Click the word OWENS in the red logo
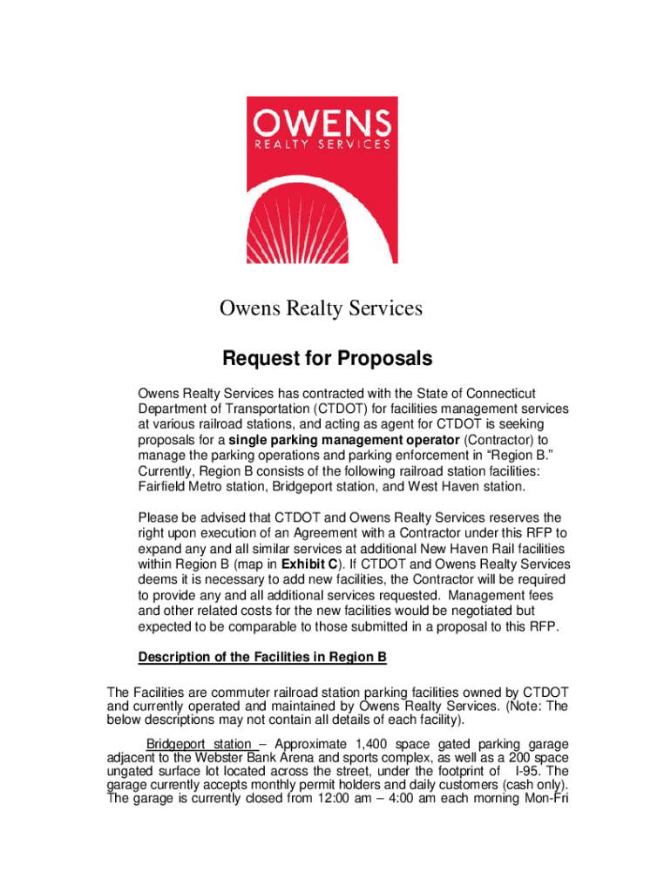(321, 121)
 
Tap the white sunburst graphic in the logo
(322, 226)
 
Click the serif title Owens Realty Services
(320, 308)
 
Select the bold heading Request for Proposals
(327, 359)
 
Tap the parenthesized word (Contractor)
(491, 440)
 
